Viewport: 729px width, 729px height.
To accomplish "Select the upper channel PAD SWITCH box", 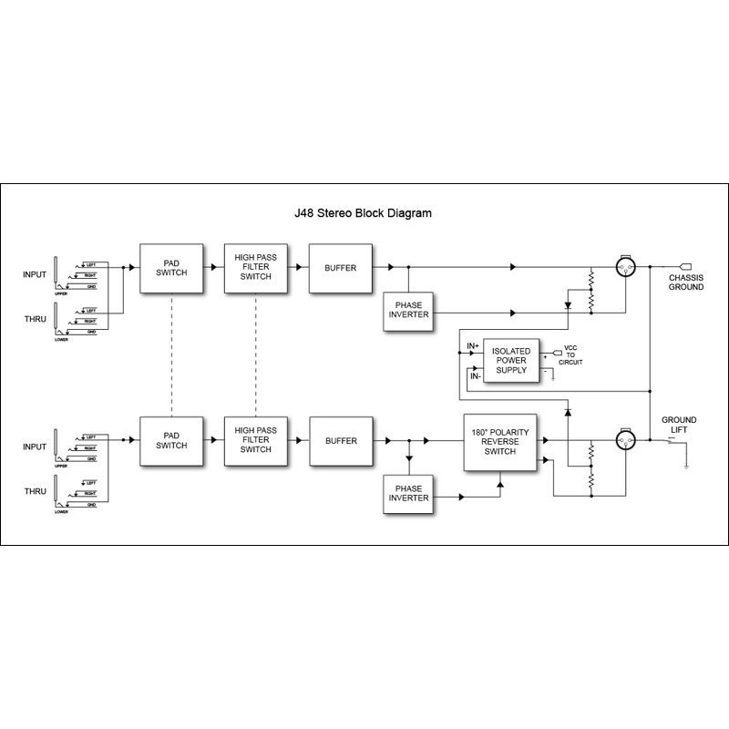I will coord(170,268).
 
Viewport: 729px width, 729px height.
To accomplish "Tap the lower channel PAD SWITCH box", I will coord(170,440).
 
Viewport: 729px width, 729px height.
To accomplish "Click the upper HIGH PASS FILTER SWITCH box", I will coord(255,268).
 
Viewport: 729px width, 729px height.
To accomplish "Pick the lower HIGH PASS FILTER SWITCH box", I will coord(255,440).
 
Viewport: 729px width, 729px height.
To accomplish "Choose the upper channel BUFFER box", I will coord(340,268).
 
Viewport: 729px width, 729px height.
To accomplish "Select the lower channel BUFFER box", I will coord(340,440).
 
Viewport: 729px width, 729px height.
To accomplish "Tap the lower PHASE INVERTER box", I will coord(408,492).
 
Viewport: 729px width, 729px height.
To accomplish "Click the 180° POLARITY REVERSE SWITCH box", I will coord(500,441).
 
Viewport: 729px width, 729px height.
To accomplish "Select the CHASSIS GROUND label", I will coord(686,282).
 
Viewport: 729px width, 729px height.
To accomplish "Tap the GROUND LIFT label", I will coord(679,426).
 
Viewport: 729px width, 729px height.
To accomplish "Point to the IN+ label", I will coord(473,346).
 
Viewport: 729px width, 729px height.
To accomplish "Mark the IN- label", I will coord(474,375).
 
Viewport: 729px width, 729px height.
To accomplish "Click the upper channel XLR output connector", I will coord(626,268).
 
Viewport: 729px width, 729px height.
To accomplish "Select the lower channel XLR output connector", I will coord(626,440).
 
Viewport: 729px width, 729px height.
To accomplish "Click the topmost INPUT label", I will coord(35,274).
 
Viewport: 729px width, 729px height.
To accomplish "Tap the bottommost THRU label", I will coord(35,491).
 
